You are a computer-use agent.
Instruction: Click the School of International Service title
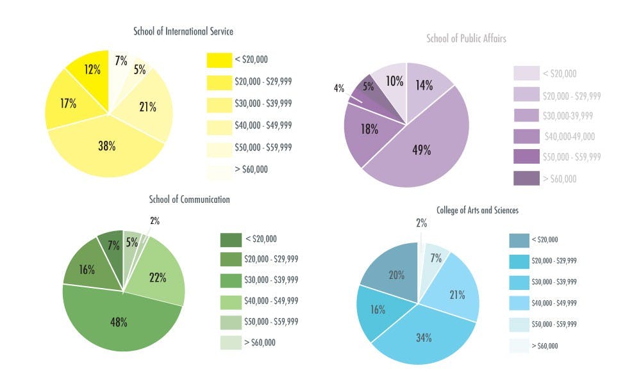183,31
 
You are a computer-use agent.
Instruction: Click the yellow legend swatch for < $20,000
219,60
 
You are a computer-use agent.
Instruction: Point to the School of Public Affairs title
466,38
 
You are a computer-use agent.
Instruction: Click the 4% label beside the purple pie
339,88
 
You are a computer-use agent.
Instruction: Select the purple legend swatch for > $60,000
526,179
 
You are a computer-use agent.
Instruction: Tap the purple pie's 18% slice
369,130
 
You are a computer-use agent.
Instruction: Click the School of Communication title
189,199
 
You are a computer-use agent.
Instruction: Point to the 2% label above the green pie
155,221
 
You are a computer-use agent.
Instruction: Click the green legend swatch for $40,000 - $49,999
231,301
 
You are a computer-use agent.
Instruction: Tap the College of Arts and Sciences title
478,210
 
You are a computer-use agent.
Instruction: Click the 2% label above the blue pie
420,223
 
